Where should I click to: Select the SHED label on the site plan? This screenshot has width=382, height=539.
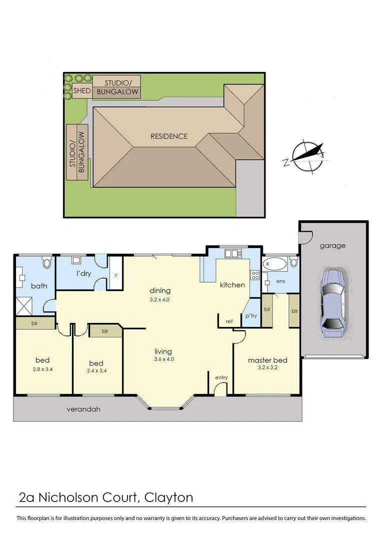click(x=82, y=91)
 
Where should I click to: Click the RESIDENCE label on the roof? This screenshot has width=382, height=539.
click(x=169, y=136)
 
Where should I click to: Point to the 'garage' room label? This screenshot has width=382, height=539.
click(x=333, y=246)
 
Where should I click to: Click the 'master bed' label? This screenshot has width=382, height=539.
click(x=267, y=360)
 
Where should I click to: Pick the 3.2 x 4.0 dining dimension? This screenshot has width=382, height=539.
click(x=160, y=299)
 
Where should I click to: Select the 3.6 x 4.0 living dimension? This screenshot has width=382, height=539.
click(x=163, y=359)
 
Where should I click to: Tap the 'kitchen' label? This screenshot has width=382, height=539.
click(x=232, y=285)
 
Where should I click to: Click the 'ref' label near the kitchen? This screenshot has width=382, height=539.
click(x=229, y=321)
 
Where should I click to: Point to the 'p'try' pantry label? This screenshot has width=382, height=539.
click(x=250, y=316)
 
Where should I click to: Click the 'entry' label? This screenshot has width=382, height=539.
click(x=221, y=377)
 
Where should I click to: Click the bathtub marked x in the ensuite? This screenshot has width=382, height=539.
click(x=274, y=263)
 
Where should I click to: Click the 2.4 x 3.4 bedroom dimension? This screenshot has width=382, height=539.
click(x=96, y=371)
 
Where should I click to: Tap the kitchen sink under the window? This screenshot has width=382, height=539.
click(x=232, y=254)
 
